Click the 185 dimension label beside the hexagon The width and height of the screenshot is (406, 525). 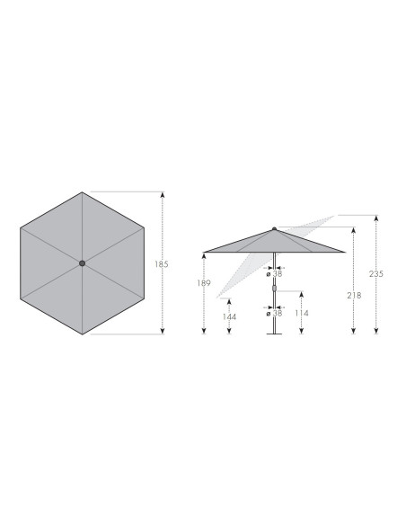(161, 264)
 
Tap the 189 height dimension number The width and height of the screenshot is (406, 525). (204, 283)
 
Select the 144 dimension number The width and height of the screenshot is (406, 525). (229, 316)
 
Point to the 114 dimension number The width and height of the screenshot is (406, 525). (301, 313)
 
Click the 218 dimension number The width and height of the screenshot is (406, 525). (354, 295)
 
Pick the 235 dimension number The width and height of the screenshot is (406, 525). (376, 274)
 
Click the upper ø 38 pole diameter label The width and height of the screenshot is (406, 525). (274, 274)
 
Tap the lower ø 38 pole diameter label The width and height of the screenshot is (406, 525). (274, 314)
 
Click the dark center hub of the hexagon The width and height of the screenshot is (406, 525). (82, 263)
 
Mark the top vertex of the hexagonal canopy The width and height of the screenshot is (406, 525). (82, 192)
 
